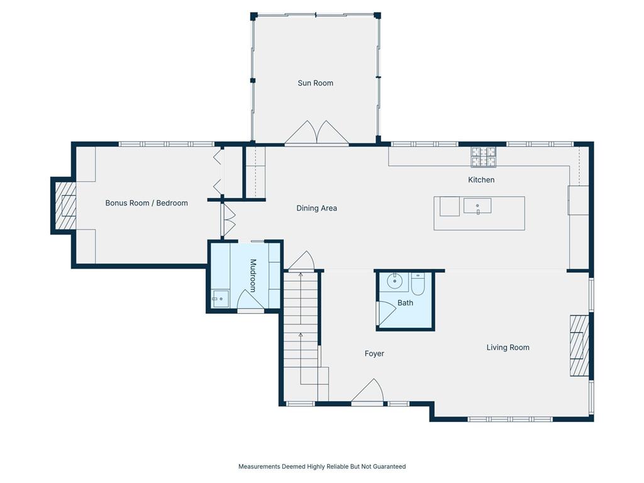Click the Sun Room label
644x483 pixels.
coord(315,83)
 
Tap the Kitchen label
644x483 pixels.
coord(481,180)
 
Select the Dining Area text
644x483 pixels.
coord(316,208)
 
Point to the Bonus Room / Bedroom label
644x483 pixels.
coord(146,203)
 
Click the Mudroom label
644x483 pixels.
coord(253,275)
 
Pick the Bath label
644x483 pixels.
coord(405,303)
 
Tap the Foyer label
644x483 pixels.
coord(374,353)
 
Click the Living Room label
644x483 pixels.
coord(508,347)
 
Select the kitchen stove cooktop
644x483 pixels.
coord(484,157)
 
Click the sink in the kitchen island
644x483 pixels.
coord(477,206)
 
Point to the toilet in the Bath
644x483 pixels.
coord(418,284)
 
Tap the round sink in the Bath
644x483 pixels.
coord(395,281)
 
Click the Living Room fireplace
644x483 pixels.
coord(579,345)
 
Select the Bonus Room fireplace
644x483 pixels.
coord(65,206)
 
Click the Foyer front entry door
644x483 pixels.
coord(367,391)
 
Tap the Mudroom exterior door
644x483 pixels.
coord(250,300)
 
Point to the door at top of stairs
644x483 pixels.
coord(301,261)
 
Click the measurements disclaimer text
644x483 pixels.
coord(322,467)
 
